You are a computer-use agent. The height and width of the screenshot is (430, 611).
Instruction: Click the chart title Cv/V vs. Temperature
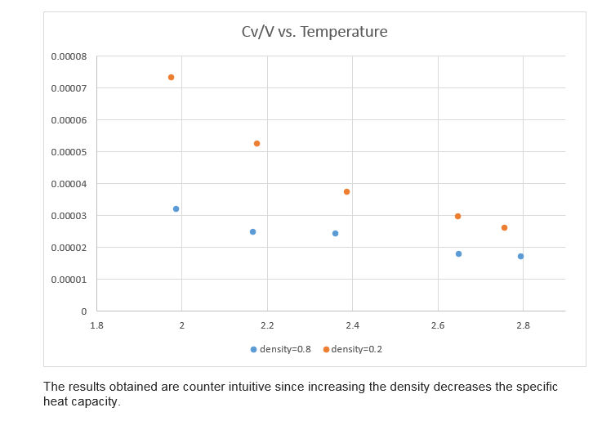pos(314,33)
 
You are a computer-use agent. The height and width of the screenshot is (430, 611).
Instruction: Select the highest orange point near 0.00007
pos(171,78)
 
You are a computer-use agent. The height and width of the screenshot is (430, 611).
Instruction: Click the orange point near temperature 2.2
pos(256,144)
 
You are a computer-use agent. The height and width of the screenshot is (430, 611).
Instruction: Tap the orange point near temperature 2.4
pos(346,192)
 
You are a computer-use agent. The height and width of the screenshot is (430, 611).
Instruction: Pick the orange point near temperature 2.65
pos(457,217)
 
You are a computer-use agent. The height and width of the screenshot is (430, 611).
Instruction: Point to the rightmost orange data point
pos(504,228)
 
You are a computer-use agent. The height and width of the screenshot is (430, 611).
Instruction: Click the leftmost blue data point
pos(176,209)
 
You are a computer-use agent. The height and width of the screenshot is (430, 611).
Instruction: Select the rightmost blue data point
pos(520,257)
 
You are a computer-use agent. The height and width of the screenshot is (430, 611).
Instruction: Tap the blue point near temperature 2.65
pos(458,254)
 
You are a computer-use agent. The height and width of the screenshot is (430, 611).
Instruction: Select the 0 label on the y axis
pos(83,311)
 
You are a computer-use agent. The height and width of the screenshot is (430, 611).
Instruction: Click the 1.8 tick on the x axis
pos(96,325)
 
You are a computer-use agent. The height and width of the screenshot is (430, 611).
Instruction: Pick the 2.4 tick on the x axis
pos(352,325)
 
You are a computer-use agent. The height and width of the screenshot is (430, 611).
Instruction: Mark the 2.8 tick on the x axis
pos(523,325)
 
